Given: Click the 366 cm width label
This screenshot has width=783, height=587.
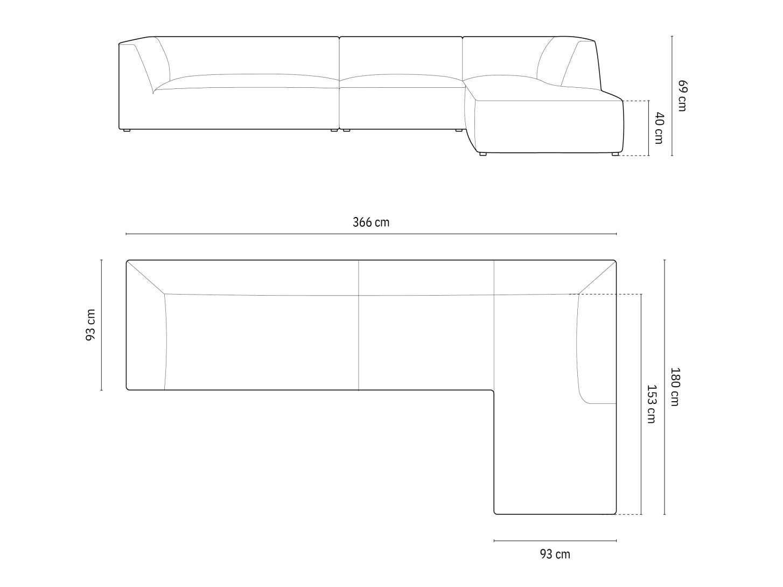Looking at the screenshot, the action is (371, 222).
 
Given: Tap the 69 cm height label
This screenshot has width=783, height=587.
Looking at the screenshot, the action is (682, 95).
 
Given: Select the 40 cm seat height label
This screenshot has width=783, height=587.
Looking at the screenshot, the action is (659, 128).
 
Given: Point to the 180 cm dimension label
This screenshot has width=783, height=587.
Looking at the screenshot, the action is (675, 387).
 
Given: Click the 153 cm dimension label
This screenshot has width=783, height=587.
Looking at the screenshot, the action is (652, 404).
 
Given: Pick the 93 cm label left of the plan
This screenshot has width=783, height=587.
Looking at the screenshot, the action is (90, 325).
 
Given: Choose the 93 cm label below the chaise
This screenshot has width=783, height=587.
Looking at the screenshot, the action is (555, 554).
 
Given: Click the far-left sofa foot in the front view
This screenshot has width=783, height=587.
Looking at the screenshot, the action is (127, 130).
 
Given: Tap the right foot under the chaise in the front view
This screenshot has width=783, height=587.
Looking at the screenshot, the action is (616, 154).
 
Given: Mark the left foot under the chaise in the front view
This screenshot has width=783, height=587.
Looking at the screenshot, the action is (483, 154).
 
